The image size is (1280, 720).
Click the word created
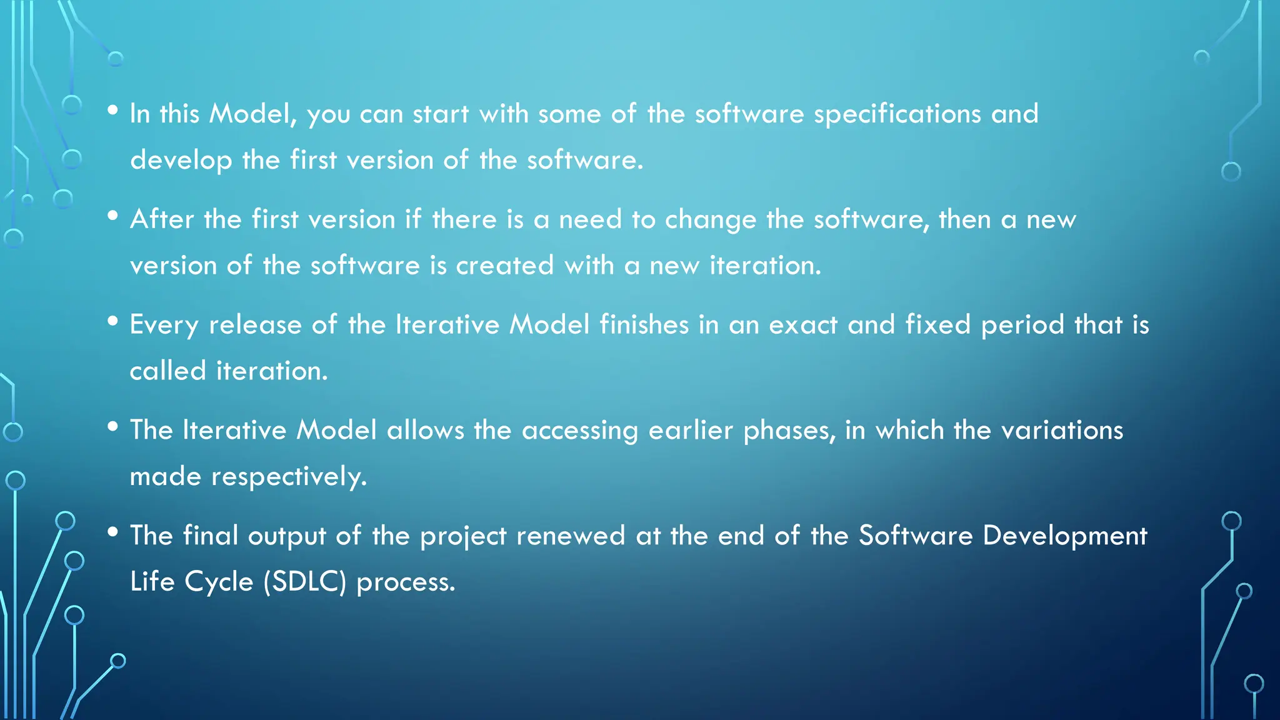point(504,266)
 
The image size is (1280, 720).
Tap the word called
point(167,371)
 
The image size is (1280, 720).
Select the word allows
point(425,431)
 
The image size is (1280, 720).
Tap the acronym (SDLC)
point(304,582)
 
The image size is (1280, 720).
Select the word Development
point(1064,536)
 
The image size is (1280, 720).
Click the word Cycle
point(219,582)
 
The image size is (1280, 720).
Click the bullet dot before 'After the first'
point(112,216)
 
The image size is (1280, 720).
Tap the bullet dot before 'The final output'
point(112,532)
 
